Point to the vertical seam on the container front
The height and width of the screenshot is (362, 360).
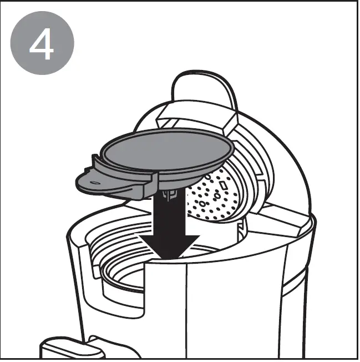[x=185, y=311]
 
